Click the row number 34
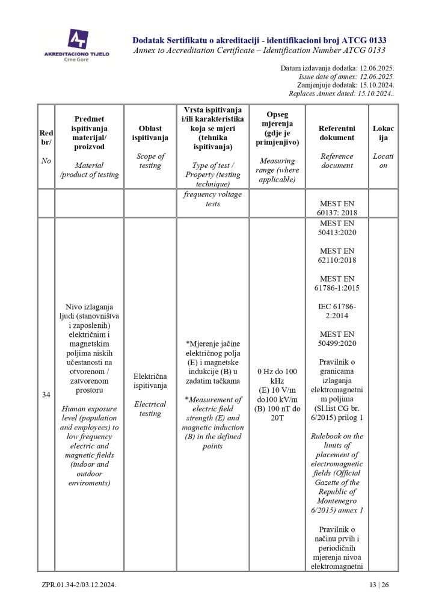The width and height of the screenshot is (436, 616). click(x=46, y=395)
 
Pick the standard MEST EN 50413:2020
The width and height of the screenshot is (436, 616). click(x=337, y=227)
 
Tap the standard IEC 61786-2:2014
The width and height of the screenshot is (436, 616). click(x=337, y=310)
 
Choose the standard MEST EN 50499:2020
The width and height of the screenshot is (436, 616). click(x=337, y=338)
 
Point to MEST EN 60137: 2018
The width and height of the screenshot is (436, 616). click(x=337, y=208)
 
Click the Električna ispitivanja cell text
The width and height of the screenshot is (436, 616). click(x=150, y=381)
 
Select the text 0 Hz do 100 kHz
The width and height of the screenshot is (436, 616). click(x=277, y=376)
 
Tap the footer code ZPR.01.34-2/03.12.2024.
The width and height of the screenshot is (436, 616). click(x=79, y=585)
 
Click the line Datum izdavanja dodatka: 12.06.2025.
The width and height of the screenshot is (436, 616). click(x=337, y=69)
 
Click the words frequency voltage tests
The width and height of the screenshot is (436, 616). click(x=212, y=199)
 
